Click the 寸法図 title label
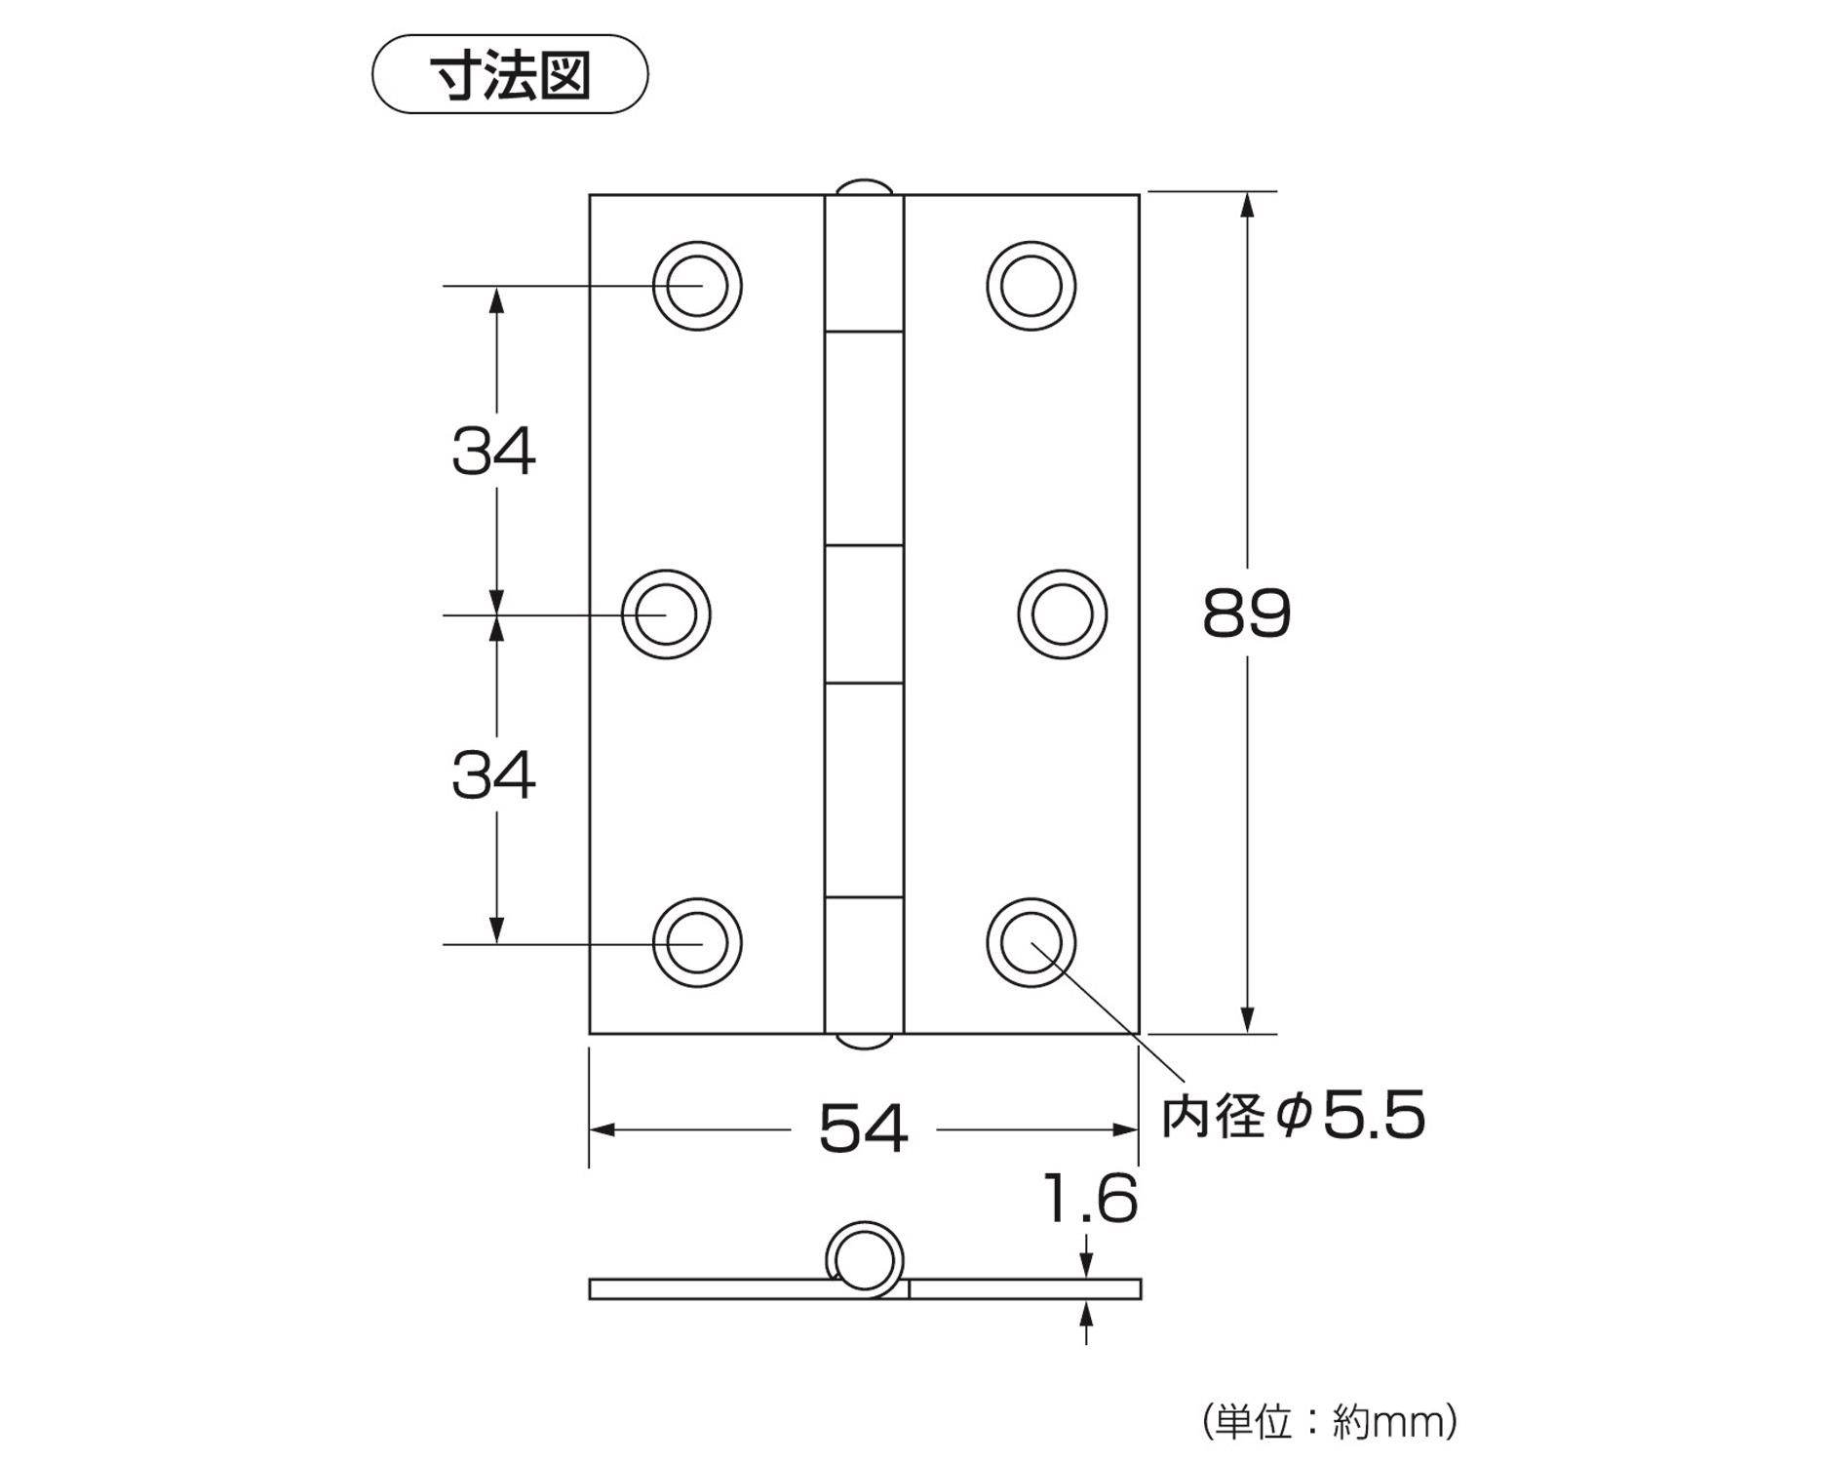(510, 75)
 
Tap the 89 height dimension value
(1246, 613)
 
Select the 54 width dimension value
(863, 1128)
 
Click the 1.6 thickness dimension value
(1090, 1199)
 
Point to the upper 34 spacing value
(493, 451)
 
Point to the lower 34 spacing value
(493, 775)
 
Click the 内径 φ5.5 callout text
(1293, 1115)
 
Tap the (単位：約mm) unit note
(1330, 1421)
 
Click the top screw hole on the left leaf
(697, 286)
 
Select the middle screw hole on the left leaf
(666, 614)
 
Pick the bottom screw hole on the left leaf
(697, 943)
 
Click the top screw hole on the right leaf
(1031, 286)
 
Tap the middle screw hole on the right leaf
(1062, 614)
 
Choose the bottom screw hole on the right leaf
(1031, 943)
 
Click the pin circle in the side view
(864, 1259)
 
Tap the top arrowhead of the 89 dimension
(1247, 205)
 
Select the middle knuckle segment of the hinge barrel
(864, 613)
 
